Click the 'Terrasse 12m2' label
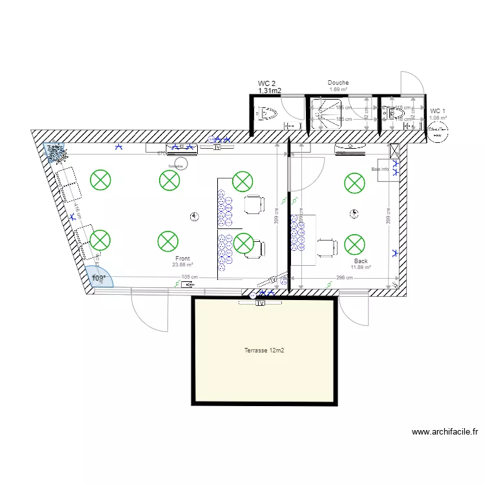pyautogui.click(x=264, y=350)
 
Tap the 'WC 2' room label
pyautogui.click(x=267, y=83)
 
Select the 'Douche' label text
pyautogui.click(x=338, y=83)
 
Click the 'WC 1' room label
pyautogui.click(x=438, y=111)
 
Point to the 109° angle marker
pyautogui.click(x=98, y=278)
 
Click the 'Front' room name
pyautogui.click(x=182, y=258)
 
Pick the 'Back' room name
pyautogui.click(x=360, y=261)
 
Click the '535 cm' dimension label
pyautogui.click(x=189, y=277)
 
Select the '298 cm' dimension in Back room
pyautogui.click(x=345, y=277)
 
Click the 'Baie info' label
pyautogui.click(x=380, y=169)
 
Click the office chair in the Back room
pyautogui.click(x=327, y=246)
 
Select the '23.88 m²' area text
pyautogui.click(x=184, y=264)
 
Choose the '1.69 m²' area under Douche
pyautogui.click(x=338, y=89)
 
